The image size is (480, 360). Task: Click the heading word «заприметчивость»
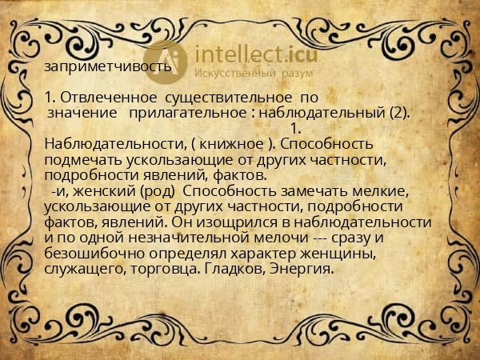coord(108,66)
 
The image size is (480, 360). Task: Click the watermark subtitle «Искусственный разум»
coord(244,74)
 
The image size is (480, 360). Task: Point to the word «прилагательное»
coord(189,113)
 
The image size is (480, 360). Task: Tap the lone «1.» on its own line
coord(295,128)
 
